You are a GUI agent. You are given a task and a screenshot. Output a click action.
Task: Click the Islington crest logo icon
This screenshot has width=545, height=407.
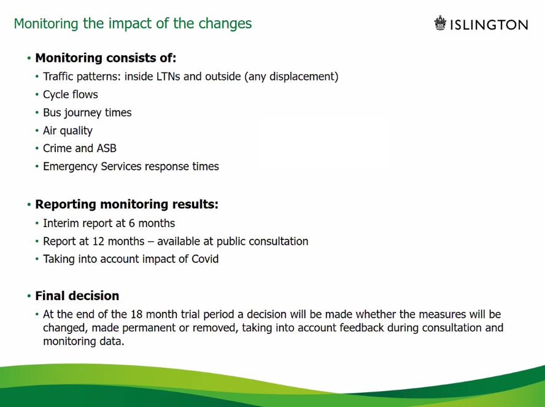(x=440, y=23)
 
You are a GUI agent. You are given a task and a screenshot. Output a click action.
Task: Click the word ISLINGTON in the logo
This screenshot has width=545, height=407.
(x=489, y=25)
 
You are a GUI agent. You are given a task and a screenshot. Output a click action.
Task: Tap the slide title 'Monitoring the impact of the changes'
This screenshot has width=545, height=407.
(x=133, y=23)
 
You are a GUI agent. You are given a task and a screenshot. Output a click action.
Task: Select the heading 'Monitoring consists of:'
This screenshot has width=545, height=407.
(x=106, y=58)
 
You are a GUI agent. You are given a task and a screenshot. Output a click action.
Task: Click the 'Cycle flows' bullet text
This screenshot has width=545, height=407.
(x=70, y=95)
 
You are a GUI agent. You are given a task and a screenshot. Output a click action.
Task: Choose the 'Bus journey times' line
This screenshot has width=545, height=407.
(x=87, y=112)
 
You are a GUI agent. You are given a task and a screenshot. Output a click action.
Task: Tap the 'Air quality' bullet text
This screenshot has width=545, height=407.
(x=68, y=131)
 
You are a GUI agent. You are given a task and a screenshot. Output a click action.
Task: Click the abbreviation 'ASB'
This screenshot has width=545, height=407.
(x=106, y=149)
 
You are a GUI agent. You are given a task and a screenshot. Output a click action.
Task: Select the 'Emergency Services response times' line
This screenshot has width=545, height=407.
(x=131, y=166)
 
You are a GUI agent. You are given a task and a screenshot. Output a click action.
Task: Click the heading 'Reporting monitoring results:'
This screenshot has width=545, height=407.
(x=126, y=204)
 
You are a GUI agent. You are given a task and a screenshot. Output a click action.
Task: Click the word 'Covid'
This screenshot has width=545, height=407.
(x=204, y=259)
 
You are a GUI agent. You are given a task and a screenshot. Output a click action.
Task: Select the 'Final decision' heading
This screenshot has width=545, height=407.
(x=77, y=296)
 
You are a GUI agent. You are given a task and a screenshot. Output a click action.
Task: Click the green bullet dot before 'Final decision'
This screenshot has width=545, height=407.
(x=29, y=297)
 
